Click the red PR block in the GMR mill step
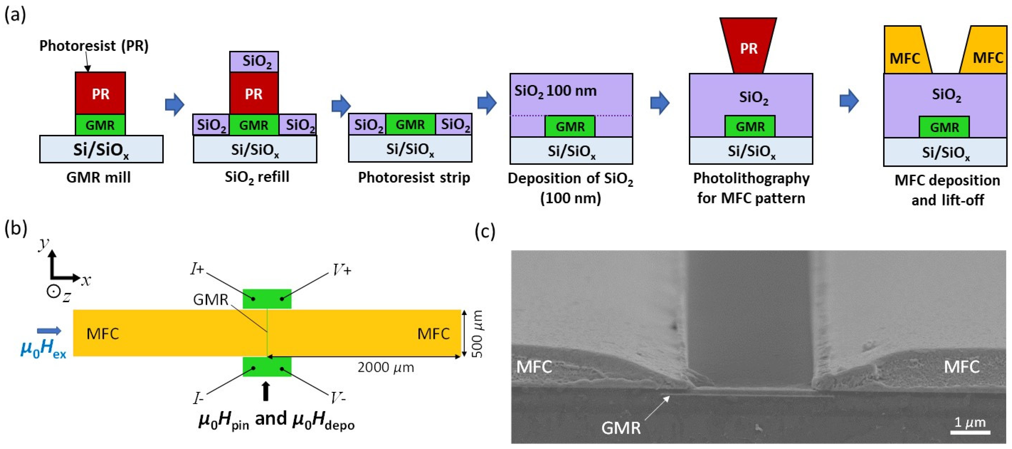tap(100, 93)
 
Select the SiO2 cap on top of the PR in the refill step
tap(254, 61)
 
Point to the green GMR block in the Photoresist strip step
tap(410, 124)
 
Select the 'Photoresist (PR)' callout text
tap(94, 46)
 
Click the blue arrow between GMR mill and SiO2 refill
tap(175, 105)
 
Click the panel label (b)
tap(15, 228)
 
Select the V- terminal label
tap(338, 399)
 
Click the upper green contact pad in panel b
tap(267, 299)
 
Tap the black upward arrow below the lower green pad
tap(266, 391)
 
